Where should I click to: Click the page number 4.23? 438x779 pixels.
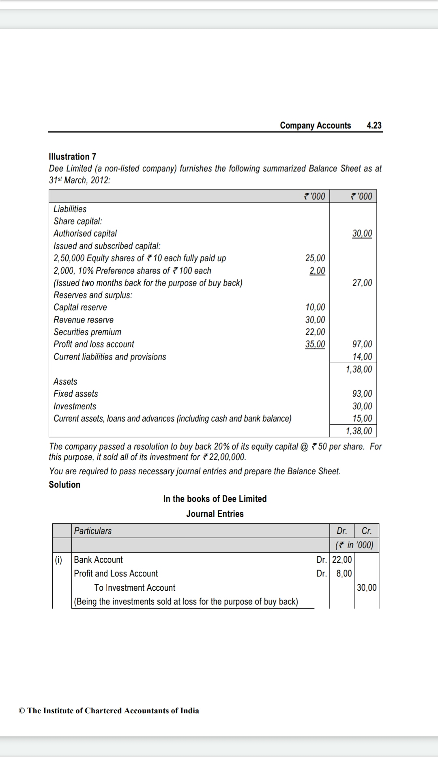(374, 125)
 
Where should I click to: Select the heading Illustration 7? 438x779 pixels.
(72, 157)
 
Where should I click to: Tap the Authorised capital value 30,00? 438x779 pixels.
(362, 233)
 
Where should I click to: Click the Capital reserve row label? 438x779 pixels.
(80, 307)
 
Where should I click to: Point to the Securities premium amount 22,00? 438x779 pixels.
(315, 332)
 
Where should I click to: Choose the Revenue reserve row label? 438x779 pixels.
(84, 320)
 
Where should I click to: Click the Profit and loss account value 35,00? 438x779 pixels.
(315, 344)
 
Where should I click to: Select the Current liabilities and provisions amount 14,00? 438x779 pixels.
(362, 357)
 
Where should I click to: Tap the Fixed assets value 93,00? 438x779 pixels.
(362, 394)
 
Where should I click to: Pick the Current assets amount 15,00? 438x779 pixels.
(362, 418)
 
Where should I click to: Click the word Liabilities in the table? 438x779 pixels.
(70, 209)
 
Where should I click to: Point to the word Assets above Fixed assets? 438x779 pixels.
(65, 381)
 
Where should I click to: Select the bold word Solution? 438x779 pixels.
(64, 484)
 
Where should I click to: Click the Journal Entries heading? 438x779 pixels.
(215, 514)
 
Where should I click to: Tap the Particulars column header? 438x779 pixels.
(92, 531)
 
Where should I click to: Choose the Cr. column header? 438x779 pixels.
(366, 531)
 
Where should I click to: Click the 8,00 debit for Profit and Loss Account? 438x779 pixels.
(344, 573)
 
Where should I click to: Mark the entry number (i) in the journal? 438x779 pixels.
(58, 560)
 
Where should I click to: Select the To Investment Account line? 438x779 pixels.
(135, 587)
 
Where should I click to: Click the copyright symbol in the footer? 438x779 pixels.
(22, 710)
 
